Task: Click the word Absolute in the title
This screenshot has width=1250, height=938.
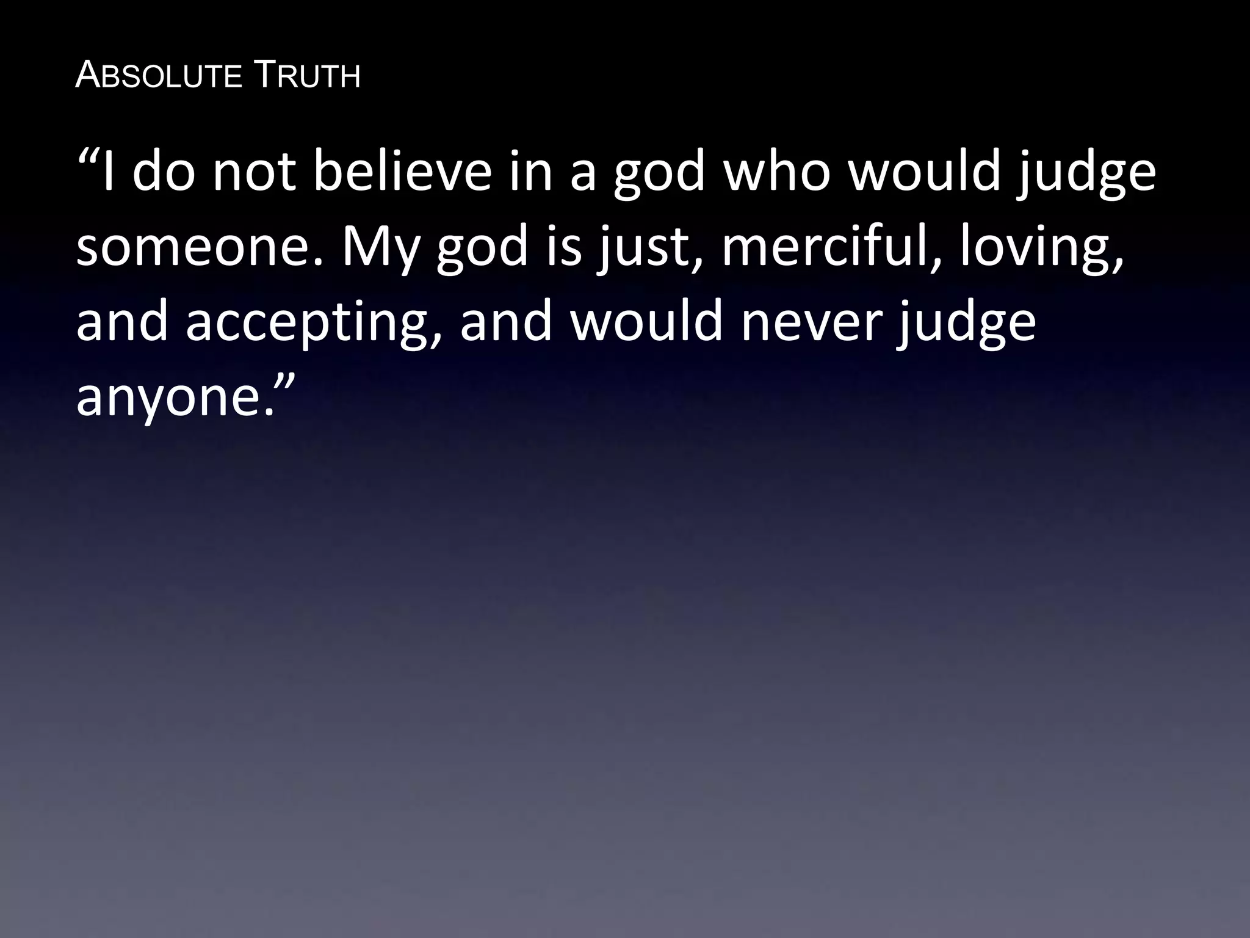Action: point(158,76)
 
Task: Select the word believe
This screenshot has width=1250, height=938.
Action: point(402,173)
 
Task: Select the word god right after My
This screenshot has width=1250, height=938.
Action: point(482,250)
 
